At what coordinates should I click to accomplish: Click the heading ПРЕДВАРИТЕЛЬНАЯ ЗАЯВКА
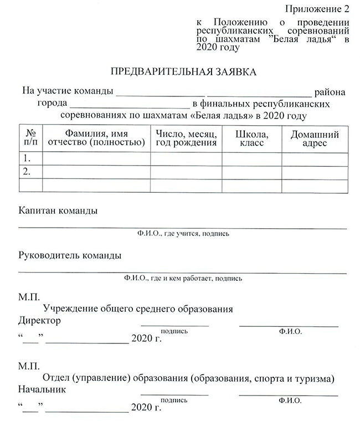click(184, 73)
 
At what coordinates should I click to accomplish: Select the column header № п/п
click(30, 138)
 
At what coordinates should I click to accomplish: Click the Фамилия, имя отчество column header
click(96, 138)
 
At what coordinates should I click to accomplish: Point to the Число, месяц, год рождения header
click(186, 138)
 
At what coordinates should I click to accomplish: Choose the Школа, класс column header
click(252, 138)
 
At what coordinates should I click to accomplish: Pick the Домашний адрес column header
click(315, 138)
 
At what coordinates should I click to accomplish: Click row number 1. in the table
click(25, 158)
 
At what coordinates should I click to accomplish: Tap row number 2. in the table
click(25, 172)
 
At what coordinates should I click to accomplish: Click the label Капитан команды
click(58, 211)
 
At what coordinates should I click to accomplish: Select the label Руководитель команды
click(70, 255)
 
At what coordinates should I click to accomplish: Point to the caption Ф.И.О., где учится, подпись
click(183, 234)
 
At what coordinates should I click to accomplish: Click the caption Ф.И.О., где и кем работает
click(183, 278)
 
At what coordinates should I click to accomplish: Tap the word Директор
click(39, 321)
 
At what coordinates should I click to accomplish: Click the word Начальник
click(42, 389)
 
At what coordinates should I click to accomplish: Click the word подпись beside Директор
click(174, 331)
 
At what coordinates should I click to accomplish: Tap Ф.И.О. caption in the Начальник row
click(290, 399)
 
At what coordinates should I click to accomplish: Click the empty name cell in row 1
click(96, 158)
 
